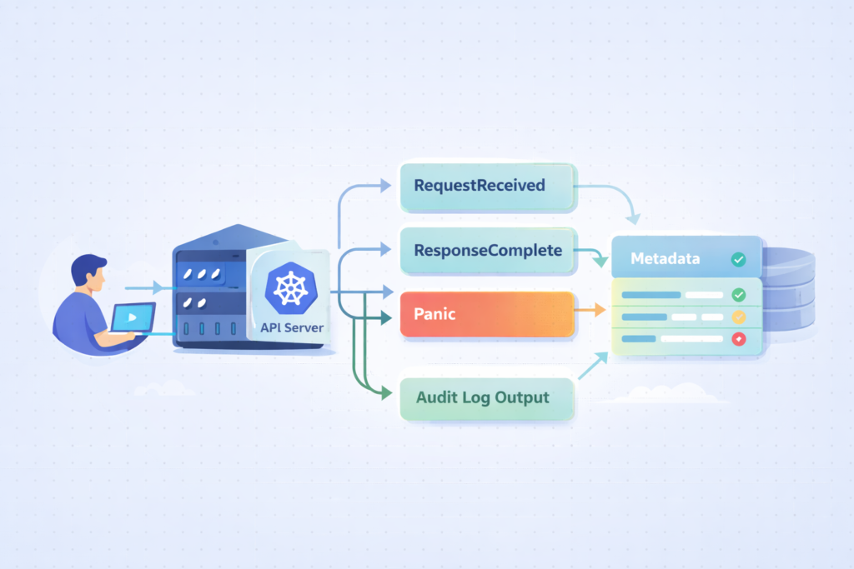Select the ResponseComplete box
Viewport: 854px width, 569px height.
click(x=488, y=250)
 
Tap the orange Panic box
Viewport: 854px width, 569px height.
click(x=488, y=314)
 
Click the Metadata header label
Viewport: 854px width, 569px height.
click(x=665, y=259)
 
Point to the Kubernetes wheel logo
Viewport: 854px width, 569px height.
click(x=290, y=287)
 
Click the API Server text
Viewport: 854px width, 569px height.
click(x=292, y=327)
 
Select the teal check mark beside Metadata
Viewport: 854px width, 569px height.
click(x=738, y=260)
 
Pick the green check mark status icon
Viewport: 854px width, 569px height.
click(x=738, y=295)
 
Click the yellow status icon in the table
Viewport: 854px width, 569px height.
click(x=738, y=317)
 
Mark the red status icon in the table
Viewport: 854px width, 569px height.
click(x=738, y=339)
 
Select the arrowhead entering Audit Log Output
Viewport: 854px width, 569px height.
click(x=386, y=392)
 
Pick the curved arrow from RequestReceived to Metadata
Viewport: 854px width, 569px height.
click(x=613, y=197)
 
